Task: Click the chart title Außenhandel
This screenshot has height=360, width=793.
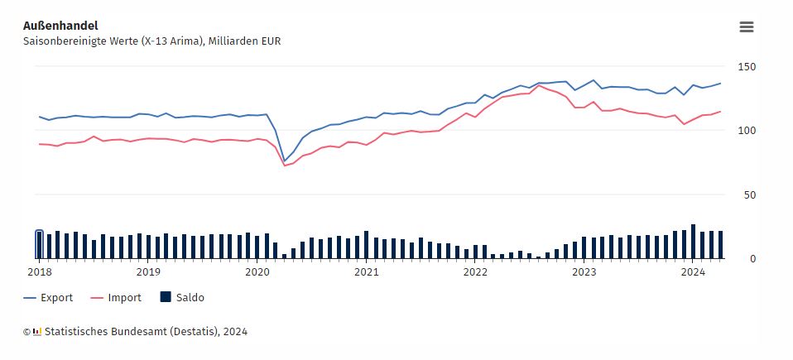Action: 60,26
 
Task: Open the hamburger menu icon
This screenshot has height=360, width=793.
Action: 746,26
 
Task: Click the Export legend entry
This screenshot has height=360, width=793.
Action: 56,298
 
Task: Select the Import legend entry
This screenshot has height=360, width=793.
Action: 124,298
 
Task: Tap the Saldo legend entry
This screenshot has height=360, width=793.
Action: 188,298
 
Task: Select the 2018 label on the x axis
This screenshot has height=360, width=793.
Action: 39,271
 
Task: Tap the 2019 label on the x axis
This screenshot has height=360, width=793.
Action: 148,271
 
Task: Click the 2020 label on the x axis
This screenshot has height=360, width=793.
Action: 257,271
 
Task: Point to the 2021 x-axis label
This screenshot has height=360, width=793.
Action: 367,271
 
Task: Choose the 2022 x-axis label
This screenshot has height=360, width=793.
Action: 475,271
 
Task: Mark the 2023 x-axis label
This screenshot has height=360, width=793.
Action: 584,271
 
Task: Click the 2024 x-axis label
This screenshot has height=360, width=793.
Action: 694,271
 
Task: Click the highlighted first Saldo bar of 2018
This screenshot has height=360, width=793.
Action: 39,245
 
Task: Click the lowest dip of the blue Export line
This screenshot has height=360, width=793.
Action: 284,161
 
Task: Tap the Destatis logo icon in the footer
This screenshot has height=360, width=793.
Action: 36,332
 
